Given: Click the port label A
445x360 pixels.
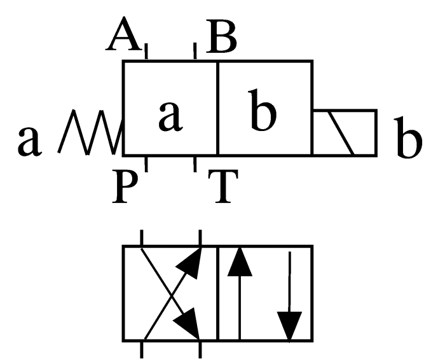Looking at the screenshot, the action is pos(123,34).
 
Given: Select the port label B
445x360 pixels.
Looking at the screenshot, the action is pos(221,36).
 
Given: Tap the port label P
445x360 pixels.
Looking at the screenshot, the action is pos(125,186).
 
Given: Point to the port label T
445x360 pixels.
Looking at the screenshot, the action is pos(223,186).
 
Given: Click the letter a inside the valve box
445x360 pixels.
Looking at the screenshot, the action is pos(170,116).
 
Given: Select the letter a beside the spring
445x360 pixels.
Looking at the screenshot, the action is pos(29,141).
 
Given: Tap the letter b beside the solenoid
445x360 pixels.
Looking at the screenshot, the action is pos(408,137).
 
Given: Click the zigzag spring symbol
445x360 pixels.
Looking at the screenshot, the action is pos(90,132).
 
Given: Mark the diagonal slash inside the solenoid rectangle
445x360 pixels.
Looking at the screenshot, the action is pos(342,133).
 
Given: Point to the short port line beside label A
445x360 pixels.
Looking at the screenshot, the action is pos(146,51).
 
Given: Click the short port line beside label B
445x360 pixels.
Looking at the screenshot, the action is pos(195,51).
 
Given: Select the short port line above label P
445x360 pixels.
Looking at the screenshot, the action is pos(146,164).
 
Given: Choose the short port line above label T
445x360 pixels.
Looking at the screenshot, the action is pos(195,164).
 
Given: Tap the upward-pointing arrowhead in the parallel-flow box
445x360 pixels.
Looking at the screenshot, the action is pos(240,261).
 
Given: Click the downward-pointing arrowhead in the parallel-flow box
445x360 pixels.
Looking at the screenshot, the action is pos(289,326).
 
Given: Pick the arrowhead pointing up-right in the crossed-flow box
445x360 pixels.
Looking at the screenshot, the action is pos(191,263).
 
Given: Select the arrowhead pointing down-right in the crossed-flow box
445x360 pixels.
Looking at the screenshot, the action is pos(189,324).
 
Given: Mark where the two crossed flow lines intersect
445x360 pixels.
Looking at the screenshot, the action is pos(172,296).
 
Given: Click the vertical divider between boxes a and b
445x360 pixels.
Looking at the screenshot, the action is pos(217,108).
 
